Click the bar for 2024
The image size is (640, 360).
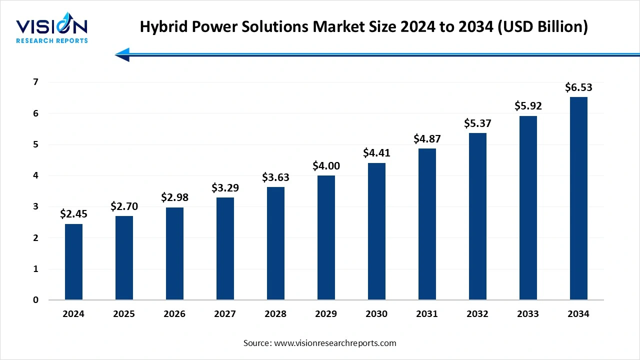(x=73, y=262)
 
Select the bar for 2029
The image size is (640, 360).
(x=326, y=238)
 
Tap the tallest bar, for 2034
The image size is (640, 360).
(x=578, y=198)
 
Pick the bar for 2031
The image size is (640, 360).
(x=427, y=224)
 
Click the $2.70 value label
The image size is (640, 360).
(x=124, y=206)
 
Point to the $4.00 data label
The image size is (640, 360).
(x=326, y=165)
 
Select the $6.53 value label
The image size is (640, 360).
(x=578, y=87)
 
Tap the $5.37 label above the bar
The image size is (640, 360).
(x=477, y=123)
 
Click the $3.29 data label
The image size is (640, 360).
(x=225, y=188)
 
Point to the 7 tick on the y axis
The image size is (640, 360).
(x=36, y=82)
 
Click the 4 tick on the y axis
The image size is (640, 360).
(x=36, y=175)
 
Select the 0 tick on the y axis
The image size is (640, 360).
(x=36, y=300)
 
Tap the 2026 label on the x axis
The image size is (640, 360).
(x=174, y=314)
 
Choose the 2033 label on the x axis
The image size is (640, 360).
(x=528, y=314)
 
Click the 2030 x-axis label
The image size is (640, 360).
(x=376, y=314)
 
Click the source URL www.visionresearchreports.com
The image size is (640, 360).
(x=334, y=343)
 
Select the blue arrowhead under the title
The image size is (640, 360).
(x=123, y=54)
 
